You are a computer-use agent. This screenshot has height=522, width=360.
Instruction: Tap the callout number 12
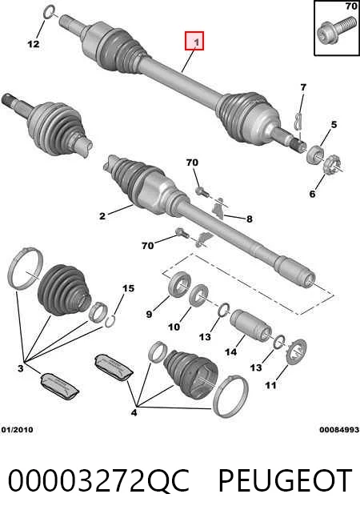pyautogui.click(x=34, y=44)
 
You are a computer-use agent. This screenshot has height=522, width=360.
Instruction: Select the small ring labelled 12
pyautogui.click(x=49, y=12)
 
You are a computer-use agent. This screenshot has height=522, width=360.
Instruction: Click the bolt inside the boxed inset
pyautogui.click(x=336, y=30)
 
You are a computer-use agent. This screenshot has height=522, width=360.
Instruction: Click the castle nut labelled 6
pyautogui.click(x=331, y=164)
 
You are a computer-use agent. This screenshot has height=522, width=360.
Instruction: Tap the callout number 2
pyautogui.click(x=102, y=215)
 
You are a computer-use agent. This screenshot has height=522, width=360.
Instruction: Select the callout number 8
pyautogui.click(x=250, y=219)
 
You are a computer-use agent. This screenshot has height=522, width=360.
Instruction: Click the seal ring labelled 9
pyautogui.click(x=180, y=283)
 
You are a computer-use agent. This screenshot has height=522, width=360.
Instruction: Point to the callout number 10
pyautogui.click(x=174, y=327)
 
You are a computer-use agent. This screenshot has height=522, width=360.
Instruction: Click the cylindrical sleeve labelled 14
pyautogui.click(x=250, y=325)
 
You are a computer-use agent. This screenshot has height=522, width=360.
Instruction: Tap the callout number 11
pyautogui.click(x=271, y=385)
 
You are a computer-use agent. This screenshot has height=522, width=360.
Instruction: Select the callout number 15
pyautogui.click(x=129, y=288)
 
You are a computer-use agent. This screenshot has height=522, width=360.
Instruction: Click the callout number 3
pyautogui.click(x=21, y=368)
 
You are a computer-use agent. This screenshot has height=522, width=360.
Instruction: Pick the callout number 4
pyautogui.click(x=134, y=413)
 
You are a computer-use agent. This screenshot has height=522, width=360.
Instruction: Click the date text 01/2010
pyautogui.click(x=18, y=430)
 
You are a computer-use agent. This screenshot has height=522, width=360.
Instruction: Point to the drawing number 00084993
pyautogui.click(x=339, y=430)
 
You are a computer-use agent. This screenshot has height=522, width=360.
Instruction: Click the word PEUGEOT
pyautogui.click(x=285, y=480)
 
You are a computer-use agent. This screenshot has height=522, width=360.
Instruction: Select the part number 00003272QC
pyautogui.click(x=99, y=480)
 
